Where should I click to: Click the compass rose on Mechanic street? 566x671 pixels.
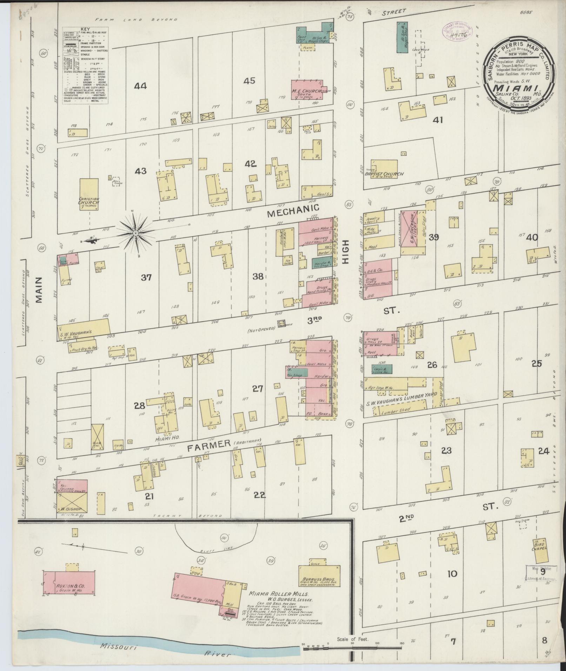(135, 233)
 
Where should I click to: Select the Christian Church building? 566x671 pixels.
(89, 194)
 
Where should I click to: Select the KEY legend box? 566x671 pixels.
(85, 66)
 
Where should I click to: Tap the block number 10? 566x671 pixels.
(453, 573)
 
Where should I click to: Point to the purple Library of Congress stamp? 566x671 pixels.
(457, 34)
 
